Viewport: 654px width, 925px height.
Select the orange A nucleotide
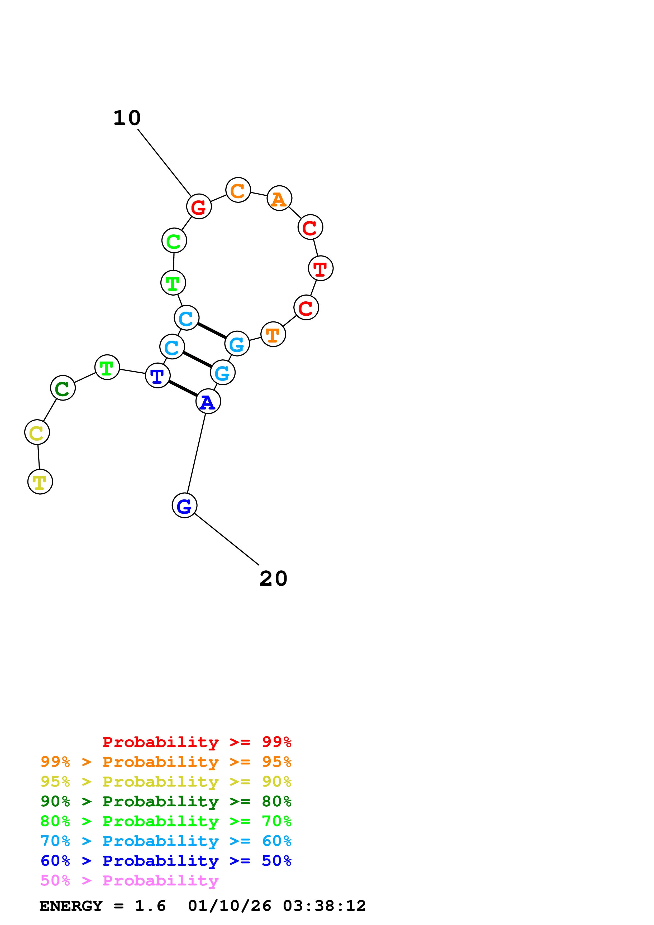click(279, 198)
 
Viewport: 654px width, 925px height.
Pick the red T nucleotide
click(320, 268)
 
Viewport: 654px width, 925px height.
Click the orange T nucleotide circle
click(273, 334)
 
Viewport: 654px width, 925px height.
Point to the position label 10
click(127, 118)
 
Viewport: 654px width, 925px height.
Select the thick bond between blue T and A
click(183, 388)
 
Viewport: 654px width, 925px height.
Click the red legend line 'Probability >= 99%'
click(197, 742)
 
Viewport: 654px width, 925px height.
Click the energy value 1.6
click(150, 906)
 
